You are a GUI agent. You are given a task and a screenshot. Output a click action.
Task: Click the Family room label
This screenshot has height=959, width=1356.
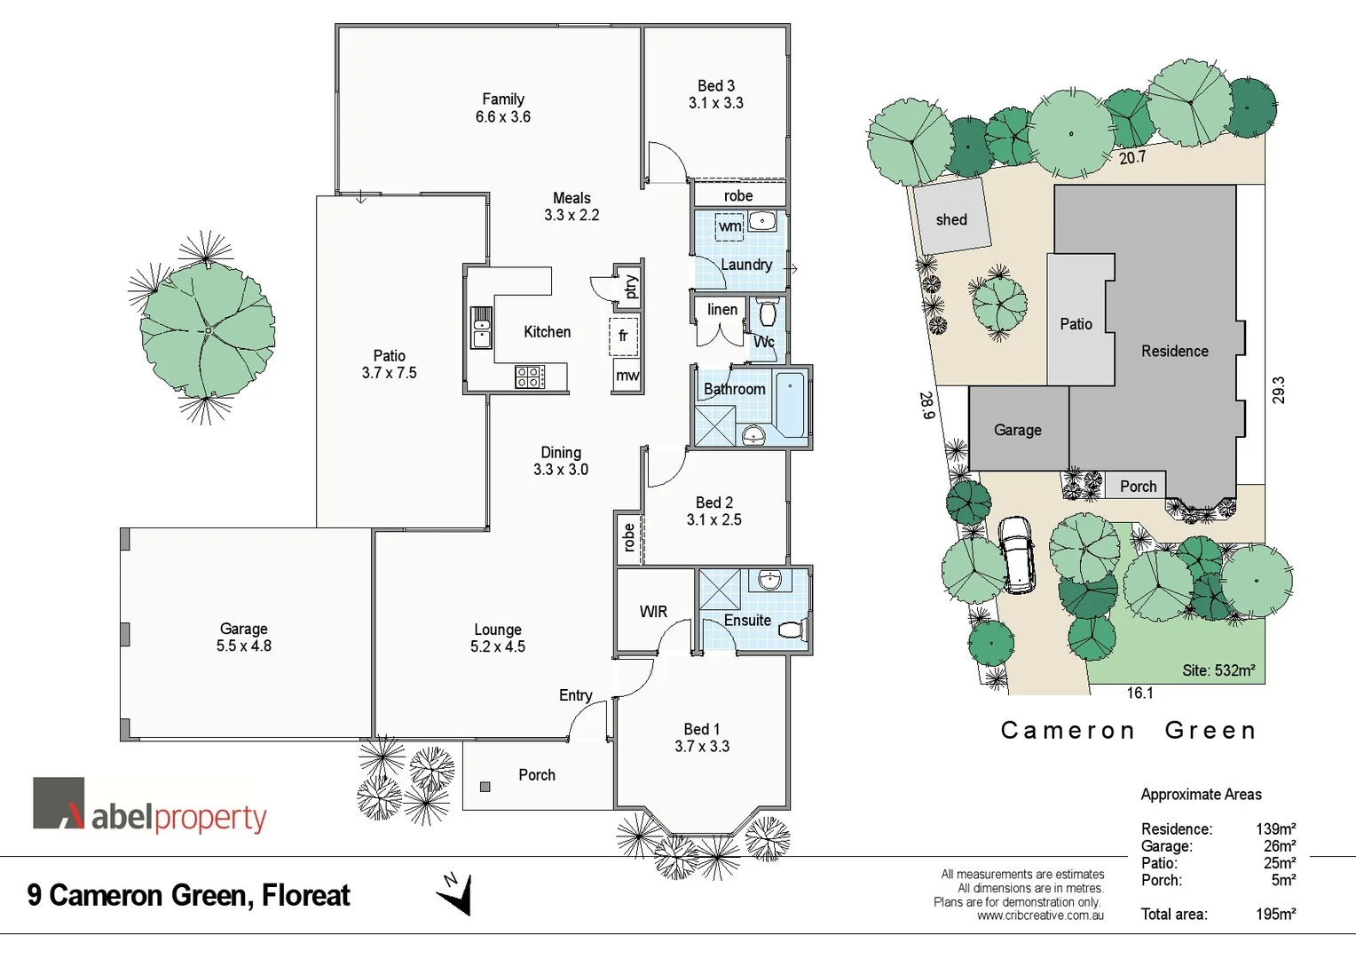point(502,99)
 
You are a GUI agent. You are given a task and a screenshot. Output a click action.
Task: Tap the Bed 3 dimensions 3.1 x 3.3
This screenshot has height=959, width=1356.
point(715,103)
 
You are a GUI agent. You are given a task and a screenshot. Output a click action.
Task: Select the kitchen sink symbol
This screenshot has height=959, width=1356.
point(481,327)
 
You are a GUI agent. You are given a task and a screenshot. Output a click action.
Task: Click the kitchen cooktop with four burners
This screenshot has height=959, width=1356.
point(529,376)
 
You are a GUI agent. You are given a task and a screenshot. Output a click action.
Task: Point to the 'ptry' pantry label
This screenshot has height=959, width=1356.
point(630,287)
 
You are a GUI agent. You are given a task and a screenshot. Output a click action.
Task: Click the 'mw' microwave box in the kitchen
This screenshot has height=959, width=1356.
point(627,376)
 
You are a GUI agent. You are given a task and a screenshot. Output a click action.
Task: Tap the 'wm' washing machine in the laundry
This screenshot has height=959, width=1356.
point(729,226)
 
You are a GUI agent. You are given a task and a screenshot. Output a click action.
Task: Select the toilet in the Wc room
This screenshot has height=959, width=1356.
point(768,313)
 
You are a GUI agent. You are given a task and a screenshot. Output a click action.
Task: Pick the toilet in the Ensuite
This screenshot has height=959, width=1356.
point(790,630)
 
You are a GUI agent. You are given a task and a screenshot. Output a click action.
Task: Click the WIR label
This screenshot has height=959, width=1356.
point(653,612)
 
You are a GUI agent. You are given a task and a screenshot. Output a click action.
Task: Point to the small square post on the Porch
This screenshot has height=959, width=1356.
point(485,787)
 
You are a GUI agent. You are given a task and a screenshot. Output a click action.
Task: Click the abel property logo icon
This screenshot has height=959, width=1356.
point(59,804)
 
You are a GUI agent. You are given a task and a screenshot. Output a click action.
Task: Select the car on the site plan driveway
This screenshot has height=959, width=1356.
point(1016,554)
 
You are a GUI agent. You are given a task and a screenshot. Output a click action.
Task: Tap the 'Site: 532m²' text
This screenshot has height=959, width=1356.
point(1218,670)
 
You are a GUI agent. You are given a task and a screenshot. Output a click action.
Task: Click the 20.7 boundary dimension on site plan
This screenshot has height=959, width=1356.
point(1131,158)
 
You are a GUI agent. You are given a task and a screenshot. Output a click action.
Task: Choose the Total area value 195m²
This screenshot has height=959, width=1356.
point(1275,914)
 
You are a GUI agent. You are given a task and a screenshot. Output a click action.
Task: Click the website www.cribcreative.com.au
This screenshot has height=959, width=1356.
point(1040,915)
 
